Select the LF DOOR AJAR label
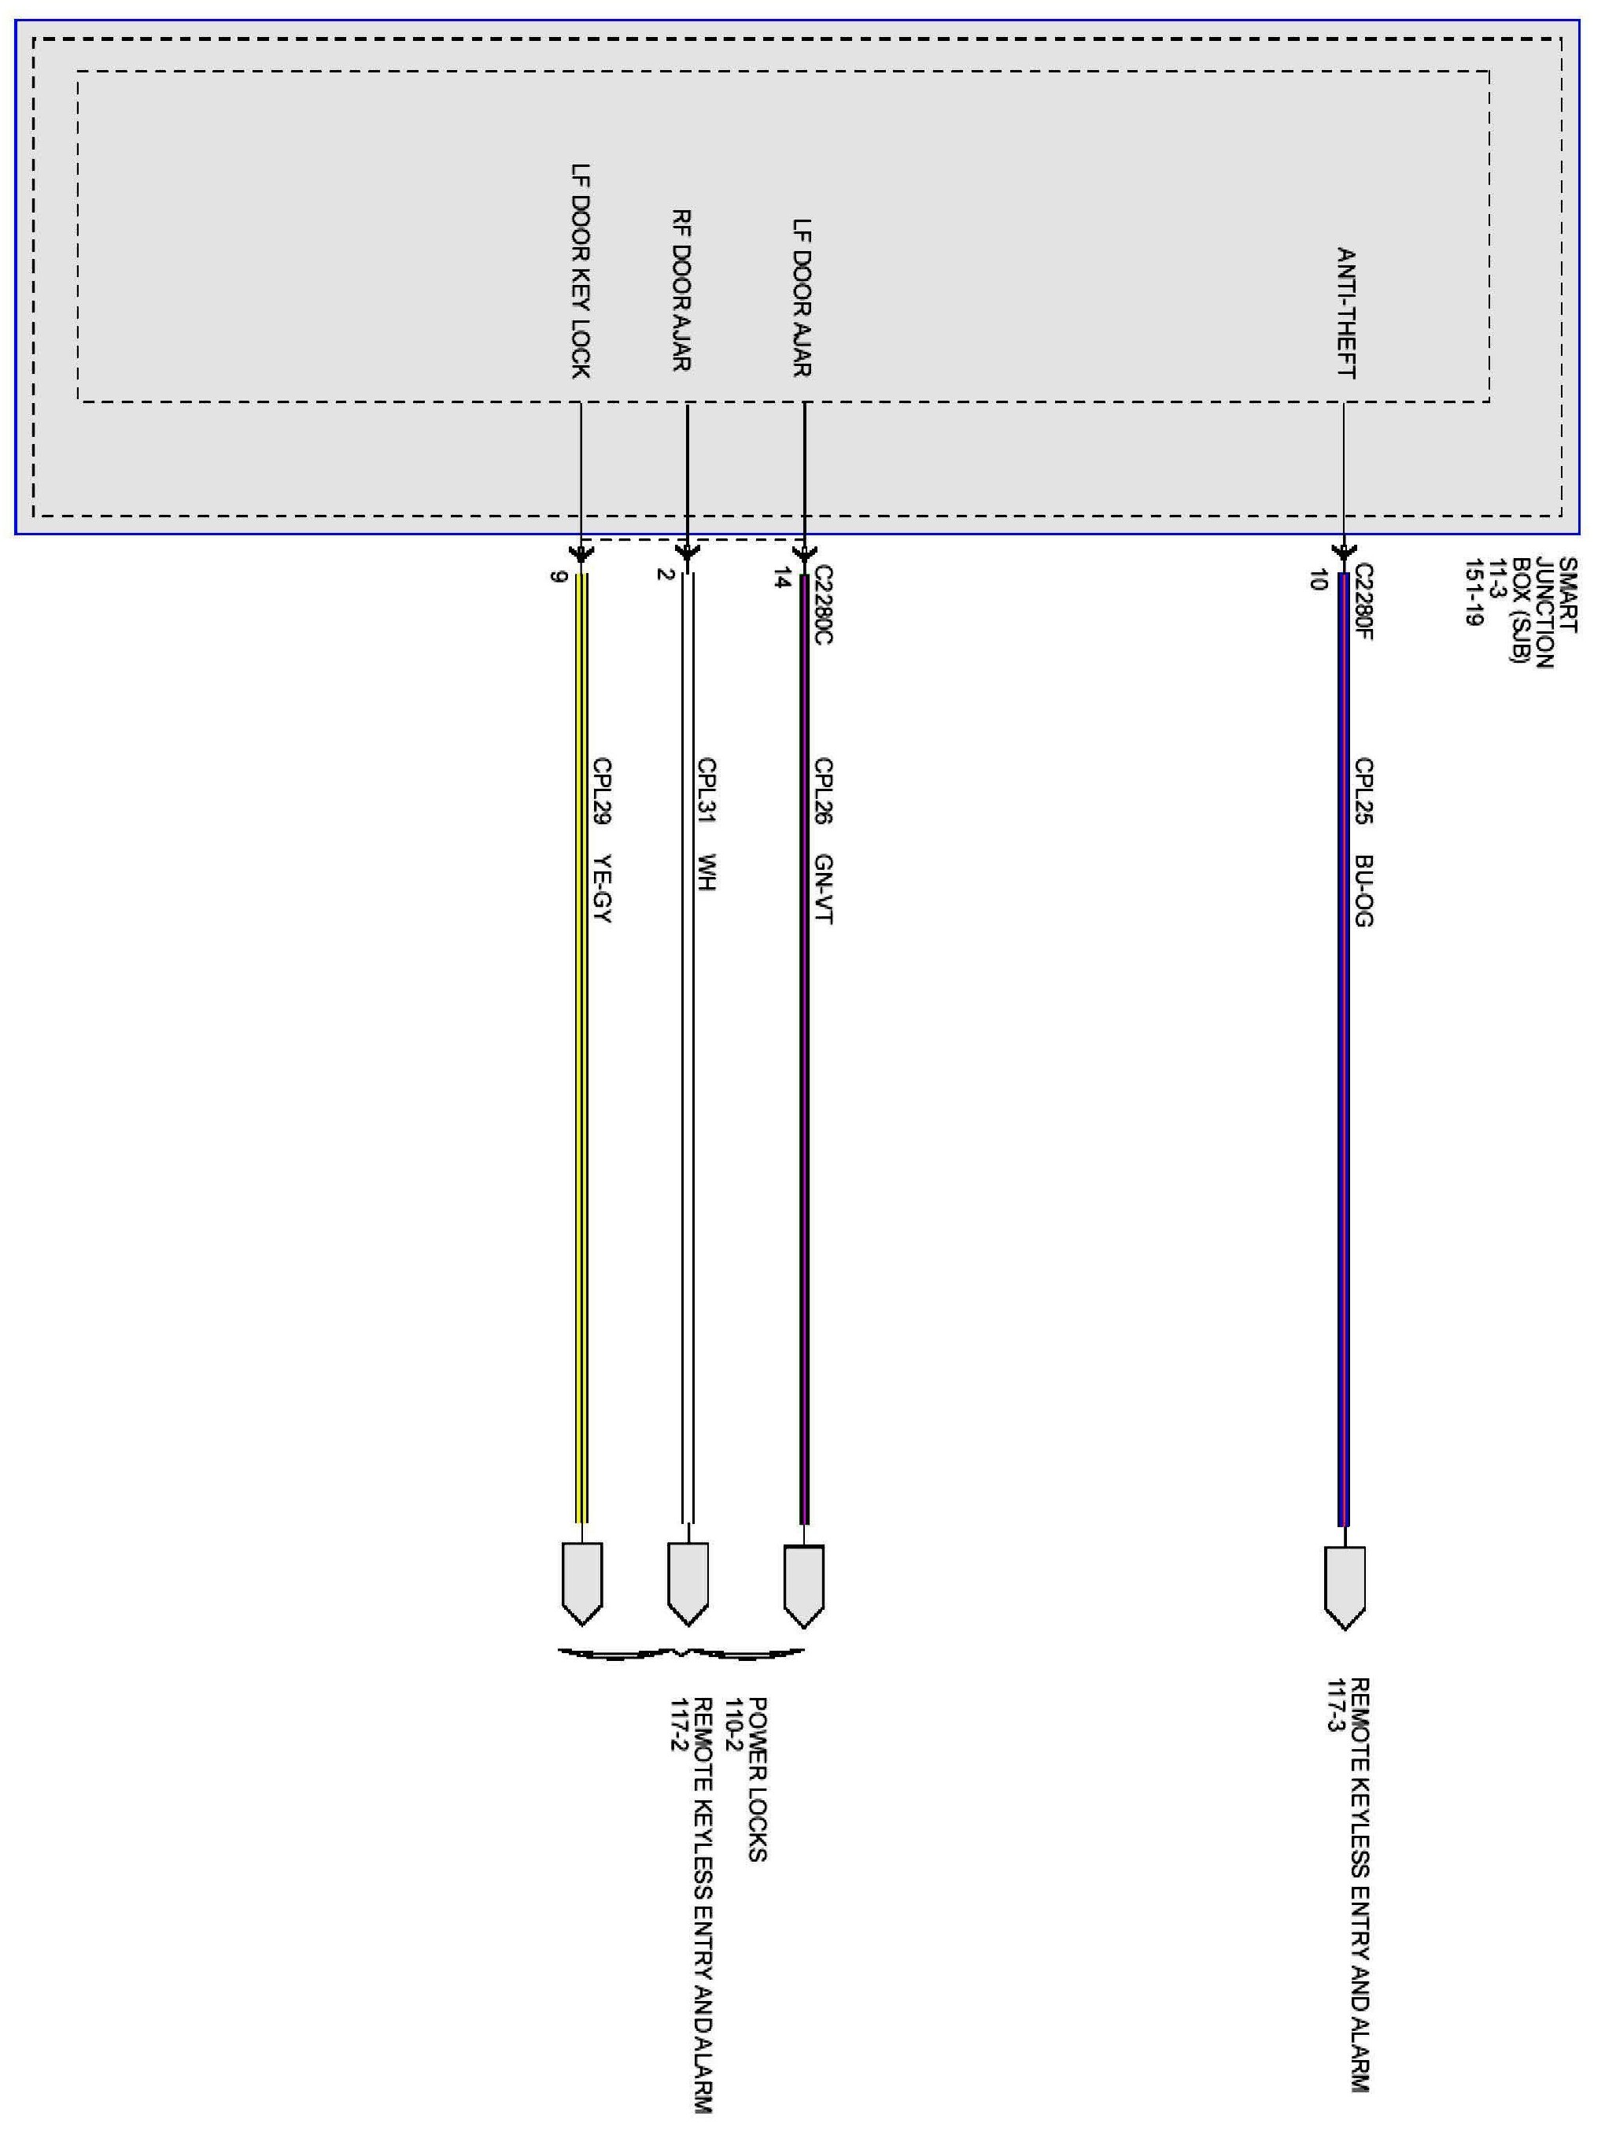pyautogui.click(x=802, y=298)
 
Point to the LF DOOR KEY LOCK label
pyautogui.click(x=580, y=271)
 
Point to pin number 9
pyautogui.click(x=556, y=577)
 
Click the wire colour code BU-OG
pyautogui.click(x=1363, y=890)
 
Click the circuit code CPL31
pyautogui.click(x=707, y=790)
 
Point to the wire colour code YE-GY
pyautogui.click(x=602, y=888)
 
